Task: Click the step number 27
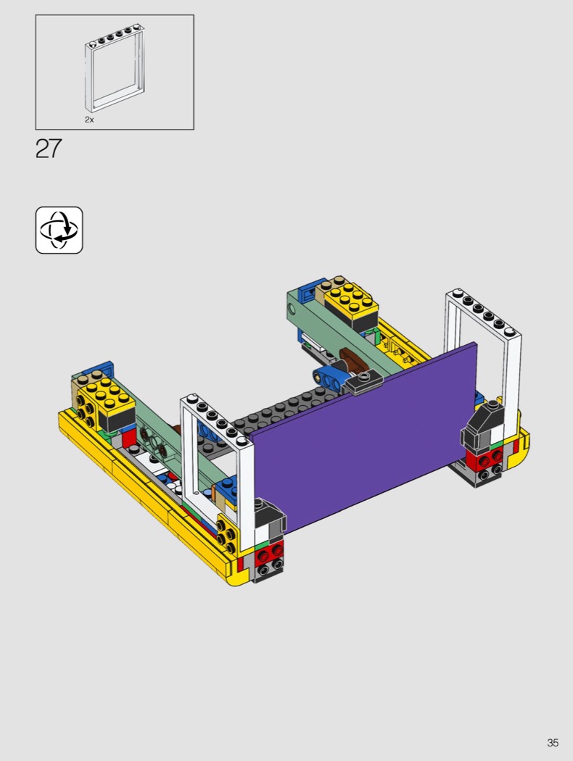pyautogui.click(x=49, y=149)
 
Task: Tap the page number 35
pyautogui.click(x=553, y=743)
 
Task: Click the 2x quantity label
pyautogui.click(x=89, y=120)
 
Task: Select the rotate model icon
pyautogui.click(x=59, y=230)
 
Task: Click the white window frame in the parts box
pyautogui.click(x=87, y=72)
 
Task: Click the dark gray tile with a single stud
pyautogui.click(x=362, y=379)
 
